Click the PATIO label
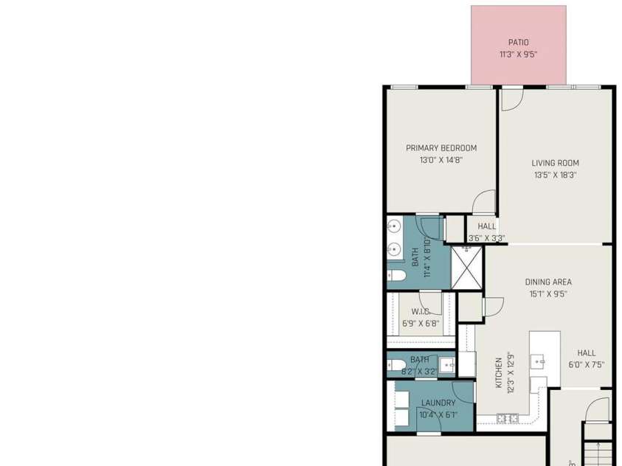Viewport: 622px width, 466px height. click(518, 43)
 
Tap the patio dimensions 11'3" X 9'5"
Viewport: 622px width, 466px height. click(518, 55)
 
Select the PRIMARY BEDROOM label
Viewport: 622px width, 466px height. click(441, 148)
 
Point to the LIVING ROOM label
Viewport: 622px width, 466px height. click(555, 164)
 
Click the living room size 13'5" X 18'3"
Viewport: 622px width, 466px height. click(555, 175)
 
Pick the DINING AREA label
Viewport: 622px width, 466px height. click(548, 282)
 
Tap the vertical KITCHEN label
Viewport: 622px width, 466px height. click(499, 373)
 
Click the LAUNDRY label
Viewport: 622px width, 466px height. click(438, 403)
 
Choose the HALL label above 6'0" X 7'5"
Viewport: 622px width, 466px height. click(586, 353)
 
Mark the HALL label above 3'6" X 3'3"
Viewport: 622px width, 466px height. click(486, 226)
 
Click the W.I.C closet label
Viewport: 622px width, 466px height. click(421, 312)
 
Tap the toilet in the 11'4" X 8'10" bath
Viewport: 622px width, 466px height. click(396, 277)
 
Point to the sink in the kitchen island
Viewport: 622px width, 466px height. click(540, 361)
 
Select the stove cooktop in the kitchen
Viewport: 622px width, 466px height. click(507, 419)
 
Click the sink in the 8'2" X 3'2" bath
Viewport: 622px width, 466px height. click(446, 365)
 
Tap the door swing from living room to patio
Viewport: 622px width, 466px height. click(511, 100)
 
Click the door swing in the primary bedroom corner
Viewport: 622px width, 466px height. click(485, 201)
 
